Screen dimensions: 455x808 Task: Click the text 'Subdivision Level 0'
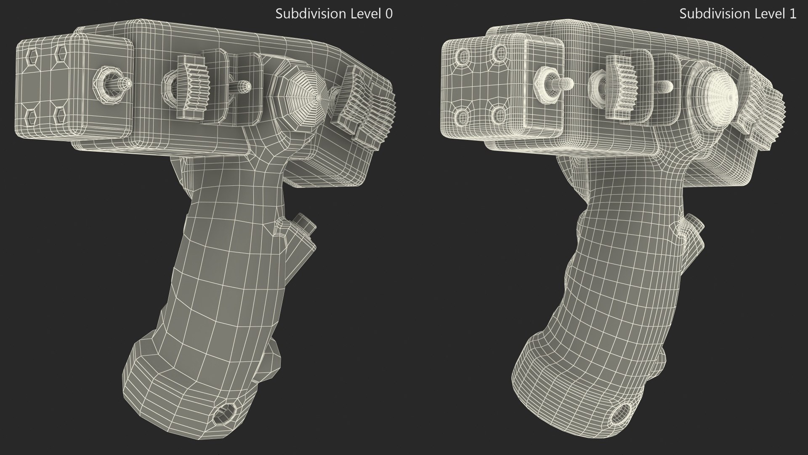click(x=334, y=13)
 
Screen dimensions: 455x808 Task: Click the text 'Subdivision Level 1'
click(x=738, y=13)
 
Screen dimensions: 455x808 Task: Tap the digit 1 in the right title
click(x=792, y=13)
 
